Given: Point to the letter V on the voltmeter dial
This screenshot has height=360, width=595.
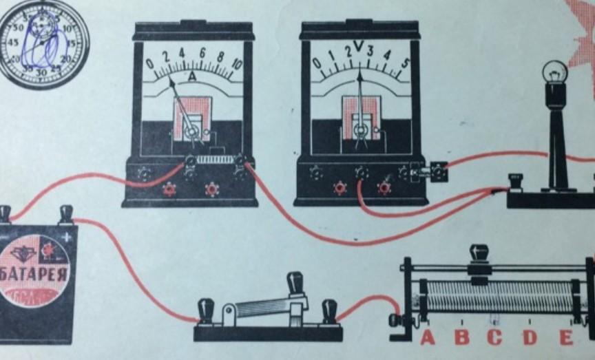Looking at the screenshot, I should point(358,47).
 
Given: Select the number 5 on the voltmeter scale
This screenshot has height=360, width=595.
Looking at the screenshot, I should point(405,64).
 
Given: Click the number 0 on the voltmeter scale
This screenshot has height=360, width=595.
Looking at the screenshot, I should point(316,64).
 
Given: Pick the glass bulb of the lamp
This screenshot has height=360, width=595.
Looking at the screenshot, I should point(556,72).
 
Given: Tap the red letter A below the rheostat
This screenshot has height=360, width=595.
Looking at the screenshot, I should point(428,338).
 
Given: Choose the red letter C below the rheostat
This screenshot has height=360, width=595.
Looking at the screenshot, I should point(494,338).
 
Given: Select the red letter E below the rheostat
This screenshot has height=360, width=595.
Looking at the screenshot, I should point(565,338).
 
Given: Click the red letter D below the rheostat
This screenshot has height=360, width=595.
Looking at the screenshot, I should point(529,338).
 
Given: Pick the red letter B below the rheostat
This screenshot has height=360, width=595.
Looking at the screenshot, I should point(461,338).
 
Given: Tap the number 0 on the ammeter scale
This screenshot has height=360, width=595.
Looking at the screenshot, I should point(149,64).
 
